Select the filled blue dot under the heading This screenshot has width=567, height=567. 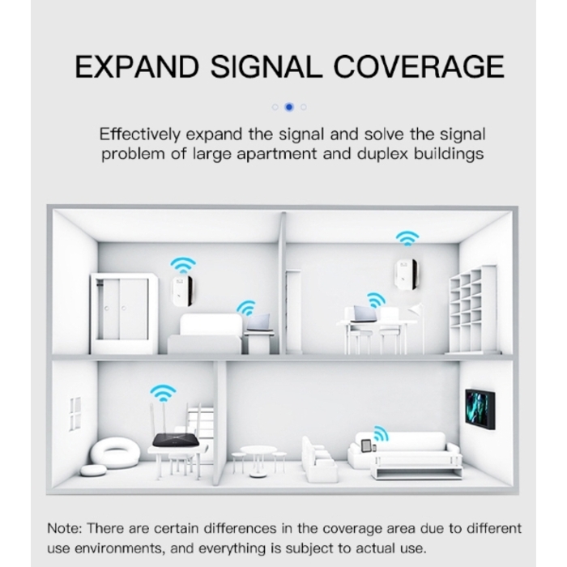pos(289,107)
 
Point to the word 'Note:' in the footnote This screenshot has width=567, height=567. pos(66,528)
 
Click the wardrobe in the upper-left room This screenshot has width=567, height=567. pos(123,313)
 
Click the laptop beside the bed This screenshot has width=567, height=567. pos(258,324)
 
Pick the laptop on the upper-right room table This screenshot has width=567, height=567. pos(365,314)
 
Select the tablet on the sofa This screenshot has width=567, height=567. pos(367,446)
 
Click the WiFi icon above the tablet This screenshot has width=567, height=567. pos(377,433)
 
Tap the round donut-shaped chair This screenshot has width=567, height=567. pos(115,452)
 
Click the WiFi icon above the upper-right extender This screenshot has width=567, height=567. pos(407,239)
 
